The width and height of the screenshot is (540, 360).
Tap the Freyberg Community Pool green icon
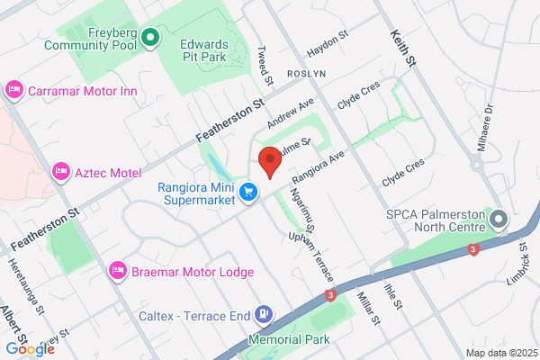point(150,38)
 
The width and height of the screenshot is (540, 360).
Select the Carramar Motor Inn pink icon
point(13,89)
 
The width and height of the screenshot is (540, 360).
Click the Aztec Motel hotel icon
point(61,170)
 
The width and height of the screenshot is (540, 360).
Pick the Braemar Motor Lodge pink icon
point(118,270)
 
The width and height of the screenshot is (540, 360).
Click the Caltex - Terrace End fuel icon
point(264,314)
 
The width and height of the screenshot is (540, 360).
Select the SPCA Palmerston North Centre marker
point(499,219)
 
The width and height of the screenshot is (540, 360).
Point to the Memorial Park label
point(291,340)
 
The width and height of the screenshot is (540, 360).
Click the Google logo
point(30,348)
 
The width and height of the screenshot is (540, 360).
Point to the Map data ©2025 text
point(499,352)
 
